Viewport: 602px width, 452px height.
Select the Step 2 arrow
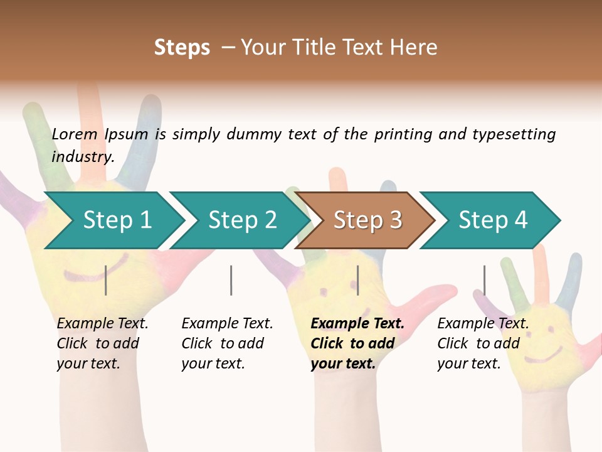[x=241, y=220]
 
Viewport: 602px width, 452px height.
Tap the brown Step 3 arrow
[x=367, y=220]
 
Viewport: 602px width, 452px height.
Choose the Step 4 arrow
[x=492, y=220]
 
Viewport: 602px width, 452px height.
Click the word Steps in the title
[x=182, y=48]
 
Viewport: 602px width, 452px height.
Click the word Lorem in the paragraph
[x=74, y=134]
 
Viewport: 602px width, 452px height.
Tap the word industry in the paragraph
[x=83, y=157]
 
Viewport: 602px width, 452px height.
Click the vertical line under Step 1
[x=106, y=280]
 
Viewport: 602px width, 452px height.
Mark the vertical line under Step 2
[x=231, y=280]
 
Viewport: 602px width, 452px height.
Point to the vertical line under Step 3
[x=357, y=280]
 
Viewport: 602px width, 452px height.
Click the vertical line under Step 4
[x=484, y=280]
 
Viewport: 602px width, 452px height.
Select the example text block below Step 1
[x=102, y=343]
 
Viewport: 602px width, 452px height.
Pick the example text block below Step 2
[x=227, y=343]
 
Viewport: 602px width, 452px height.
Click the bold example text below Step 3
[x=357, y=343]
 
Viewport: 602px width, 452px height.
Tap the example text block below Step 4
[x=483, y=343]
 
